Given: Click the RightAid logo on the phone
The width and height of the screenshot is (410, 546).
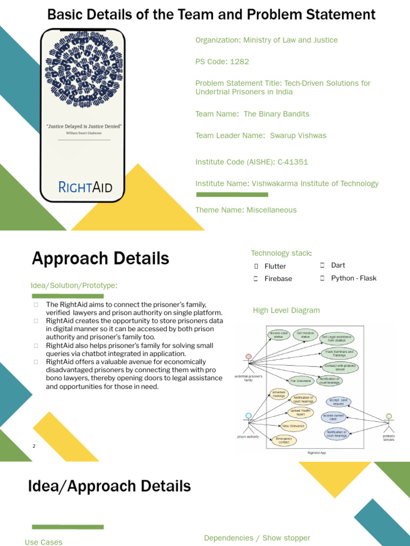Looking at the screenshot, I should tap(84, 187).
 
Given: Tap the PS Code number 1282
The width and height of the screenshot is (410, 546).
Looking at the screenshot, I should tap(240, 61).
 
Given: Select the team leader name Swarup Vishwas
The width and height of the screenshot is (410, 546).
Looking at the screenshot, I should tap(298, 135).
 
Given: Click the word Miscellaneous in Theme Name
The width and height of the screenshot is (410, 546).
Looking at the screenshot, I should tap(271, 210).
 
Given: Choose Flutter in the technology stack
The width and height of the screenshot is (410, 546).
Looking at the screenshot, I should tap(275, 266).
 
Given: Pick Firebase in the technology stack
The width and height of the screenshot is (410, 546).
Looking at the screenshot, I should tap(278, 278).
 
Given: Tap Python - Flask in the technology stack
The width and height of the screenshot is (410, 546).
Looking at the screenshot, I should tap(353, 278).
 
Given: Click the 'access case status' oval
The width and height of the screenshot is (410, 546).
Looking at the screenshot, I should tap(279, 334).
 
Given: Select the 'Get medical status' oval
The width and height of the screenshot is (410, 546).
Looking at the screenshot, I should tap(305, 334).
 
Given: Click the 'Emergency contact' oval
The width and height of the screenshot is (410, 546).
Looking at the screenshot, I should tap(284, 440).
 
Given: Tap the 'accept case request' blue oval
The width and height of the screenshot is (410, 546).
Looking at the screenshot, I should tap(338, 402).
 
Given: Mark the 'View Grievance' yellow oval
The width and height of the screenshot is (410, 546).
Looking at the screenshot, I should tap(293, 426).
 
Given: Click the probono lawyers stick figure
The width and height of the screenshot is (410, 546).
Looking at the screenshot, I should tap(389, 423).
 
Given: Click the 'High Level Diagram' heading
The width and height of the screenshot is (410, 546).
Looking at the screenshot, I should tap(286, 310).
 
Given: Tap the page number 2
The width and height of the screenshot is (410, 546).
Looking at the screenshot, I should tap(34, 446).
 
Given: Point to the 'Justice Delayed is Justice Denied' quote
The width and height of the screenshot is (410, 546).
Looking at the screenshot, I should tap(84, 126).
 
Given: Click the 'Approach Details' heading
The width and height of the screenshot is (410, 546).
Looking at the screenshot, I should tap(100, 259).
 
